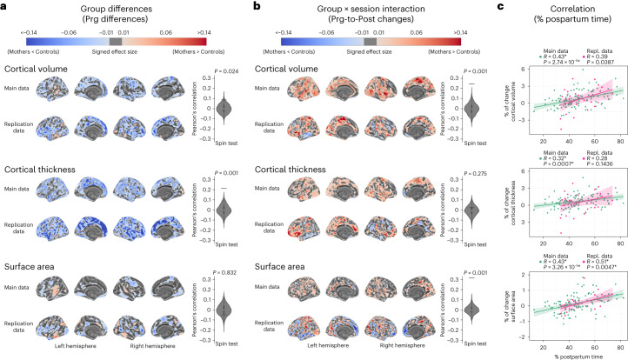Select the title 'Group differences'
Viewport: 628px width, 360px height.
click(117, 8)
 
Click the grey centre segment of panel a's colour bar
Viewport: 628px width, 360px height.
click(117, 40)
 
